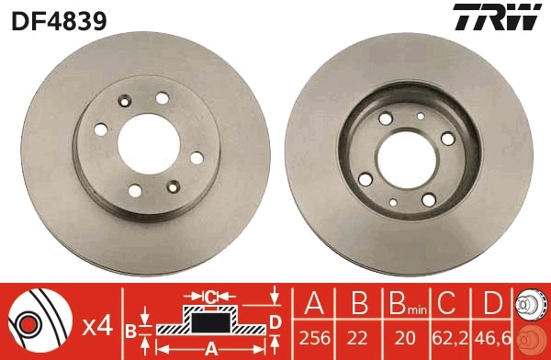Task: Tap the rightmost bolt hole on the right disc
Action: (447, 138)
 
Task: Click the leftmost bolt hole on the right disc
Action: (366, 178)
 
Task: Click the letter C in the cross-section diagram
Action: (210, 297)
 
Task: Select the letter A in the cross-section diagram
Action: (210, 348)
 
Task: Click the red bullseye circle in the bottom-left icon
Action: (27, 324)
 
